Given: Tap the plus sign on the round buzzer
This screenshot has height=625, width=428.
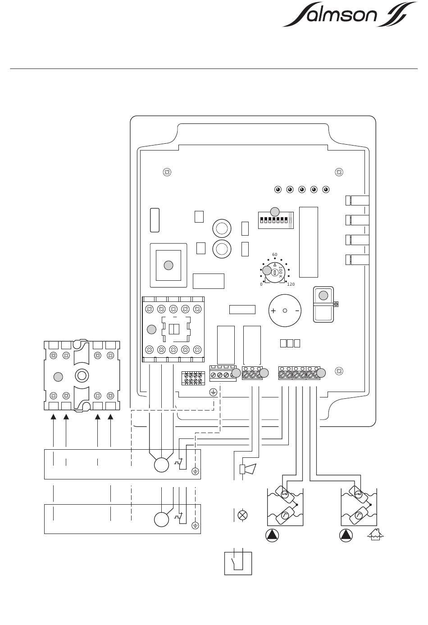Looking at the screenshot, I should (x=273, y=311).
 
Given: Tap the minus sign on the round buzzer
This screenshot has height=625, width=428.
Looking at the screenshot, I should (x=297, y=311).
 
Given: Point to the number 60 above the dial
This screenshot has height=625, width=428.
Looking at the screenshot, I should (x=275, y=255).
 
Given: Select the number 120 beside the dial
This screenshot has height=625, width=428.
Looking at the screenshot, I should (x=291, y=284).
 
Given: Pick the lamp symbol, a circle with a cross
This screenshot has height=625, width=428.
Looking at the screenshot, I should (x=242, y=515).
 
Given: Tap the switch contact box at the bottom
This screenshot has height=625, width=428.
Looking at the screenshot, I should (x=238, y=563).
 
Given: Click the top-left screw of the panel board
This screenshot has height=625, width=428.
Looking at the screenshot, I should (x=167, y=172).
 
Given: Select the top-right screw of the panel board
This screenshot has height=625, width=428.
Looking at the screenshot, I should (x=340, y=172).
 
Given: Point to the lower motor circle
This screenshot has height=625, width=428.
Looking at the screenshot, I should (x=161, y=520).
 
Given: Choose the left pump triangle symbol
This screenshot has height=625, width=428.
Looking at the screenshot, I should (x=272, y=535).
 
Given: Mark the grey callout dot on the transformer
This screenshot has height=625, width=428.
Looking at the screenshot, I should (x=168, y=265).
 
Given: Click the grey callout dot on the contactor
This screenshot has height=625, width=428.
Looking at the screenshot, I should (x=152, y=329).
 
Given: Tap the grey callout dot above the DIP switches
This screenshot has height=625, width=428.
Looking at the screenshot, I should (x=274, y=211).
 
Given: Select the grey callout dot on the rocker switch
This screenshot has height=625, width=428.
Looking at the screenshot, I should (x=323, y=296).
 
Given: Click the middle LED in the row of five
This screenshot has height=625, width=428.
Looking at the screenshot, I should (x=302, y=189).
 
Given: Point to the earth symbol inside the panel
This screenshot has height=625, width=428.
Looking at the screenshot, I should (x=213, y=392).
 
